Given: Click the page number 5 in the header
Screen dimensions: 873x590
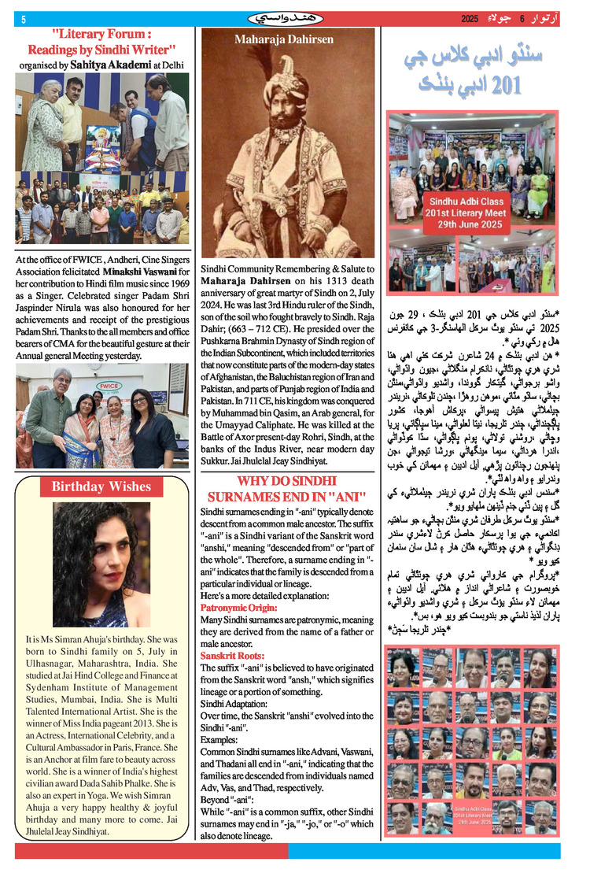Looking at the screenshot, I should click(x=24, y=19).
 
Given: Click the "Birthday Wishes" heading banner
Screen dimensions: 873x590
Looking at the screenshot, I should click(x=101, y=486).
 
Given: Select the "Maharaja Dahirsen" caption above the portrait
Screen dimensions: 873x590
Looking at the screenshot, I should click(x=283, y=39).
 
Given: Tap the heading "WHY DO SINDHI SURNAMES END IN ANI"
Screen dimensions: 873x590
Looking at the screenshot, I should click(x=287, y=489).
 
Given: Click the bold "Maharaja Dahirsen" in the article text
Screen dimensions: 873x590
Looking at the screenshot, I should click(x=245, y=281).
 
